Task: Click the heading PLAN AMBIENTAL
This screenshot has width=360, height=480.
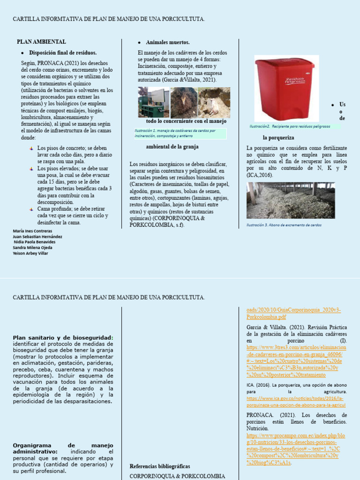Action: point(41,42)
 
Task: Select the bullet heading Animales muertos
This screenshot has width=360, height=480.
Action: point(161,42)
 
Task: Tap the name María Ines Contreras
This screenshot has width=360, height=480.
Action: point(32,231)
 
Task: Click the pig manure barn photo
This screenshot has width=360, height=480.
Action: point(291,201)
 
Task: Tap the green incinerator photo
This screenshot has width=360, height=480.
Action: point(153,102)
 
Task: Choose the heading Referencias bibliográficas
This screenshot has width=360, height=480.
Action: point(159,466)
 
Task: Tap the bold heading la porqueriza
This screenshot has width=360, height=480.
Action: point(278,138)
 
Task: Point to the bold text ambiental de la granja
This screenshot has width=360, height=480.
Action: point(172,146)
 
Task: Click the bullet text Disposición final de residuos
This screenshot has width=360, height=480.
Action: point(63,52)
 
